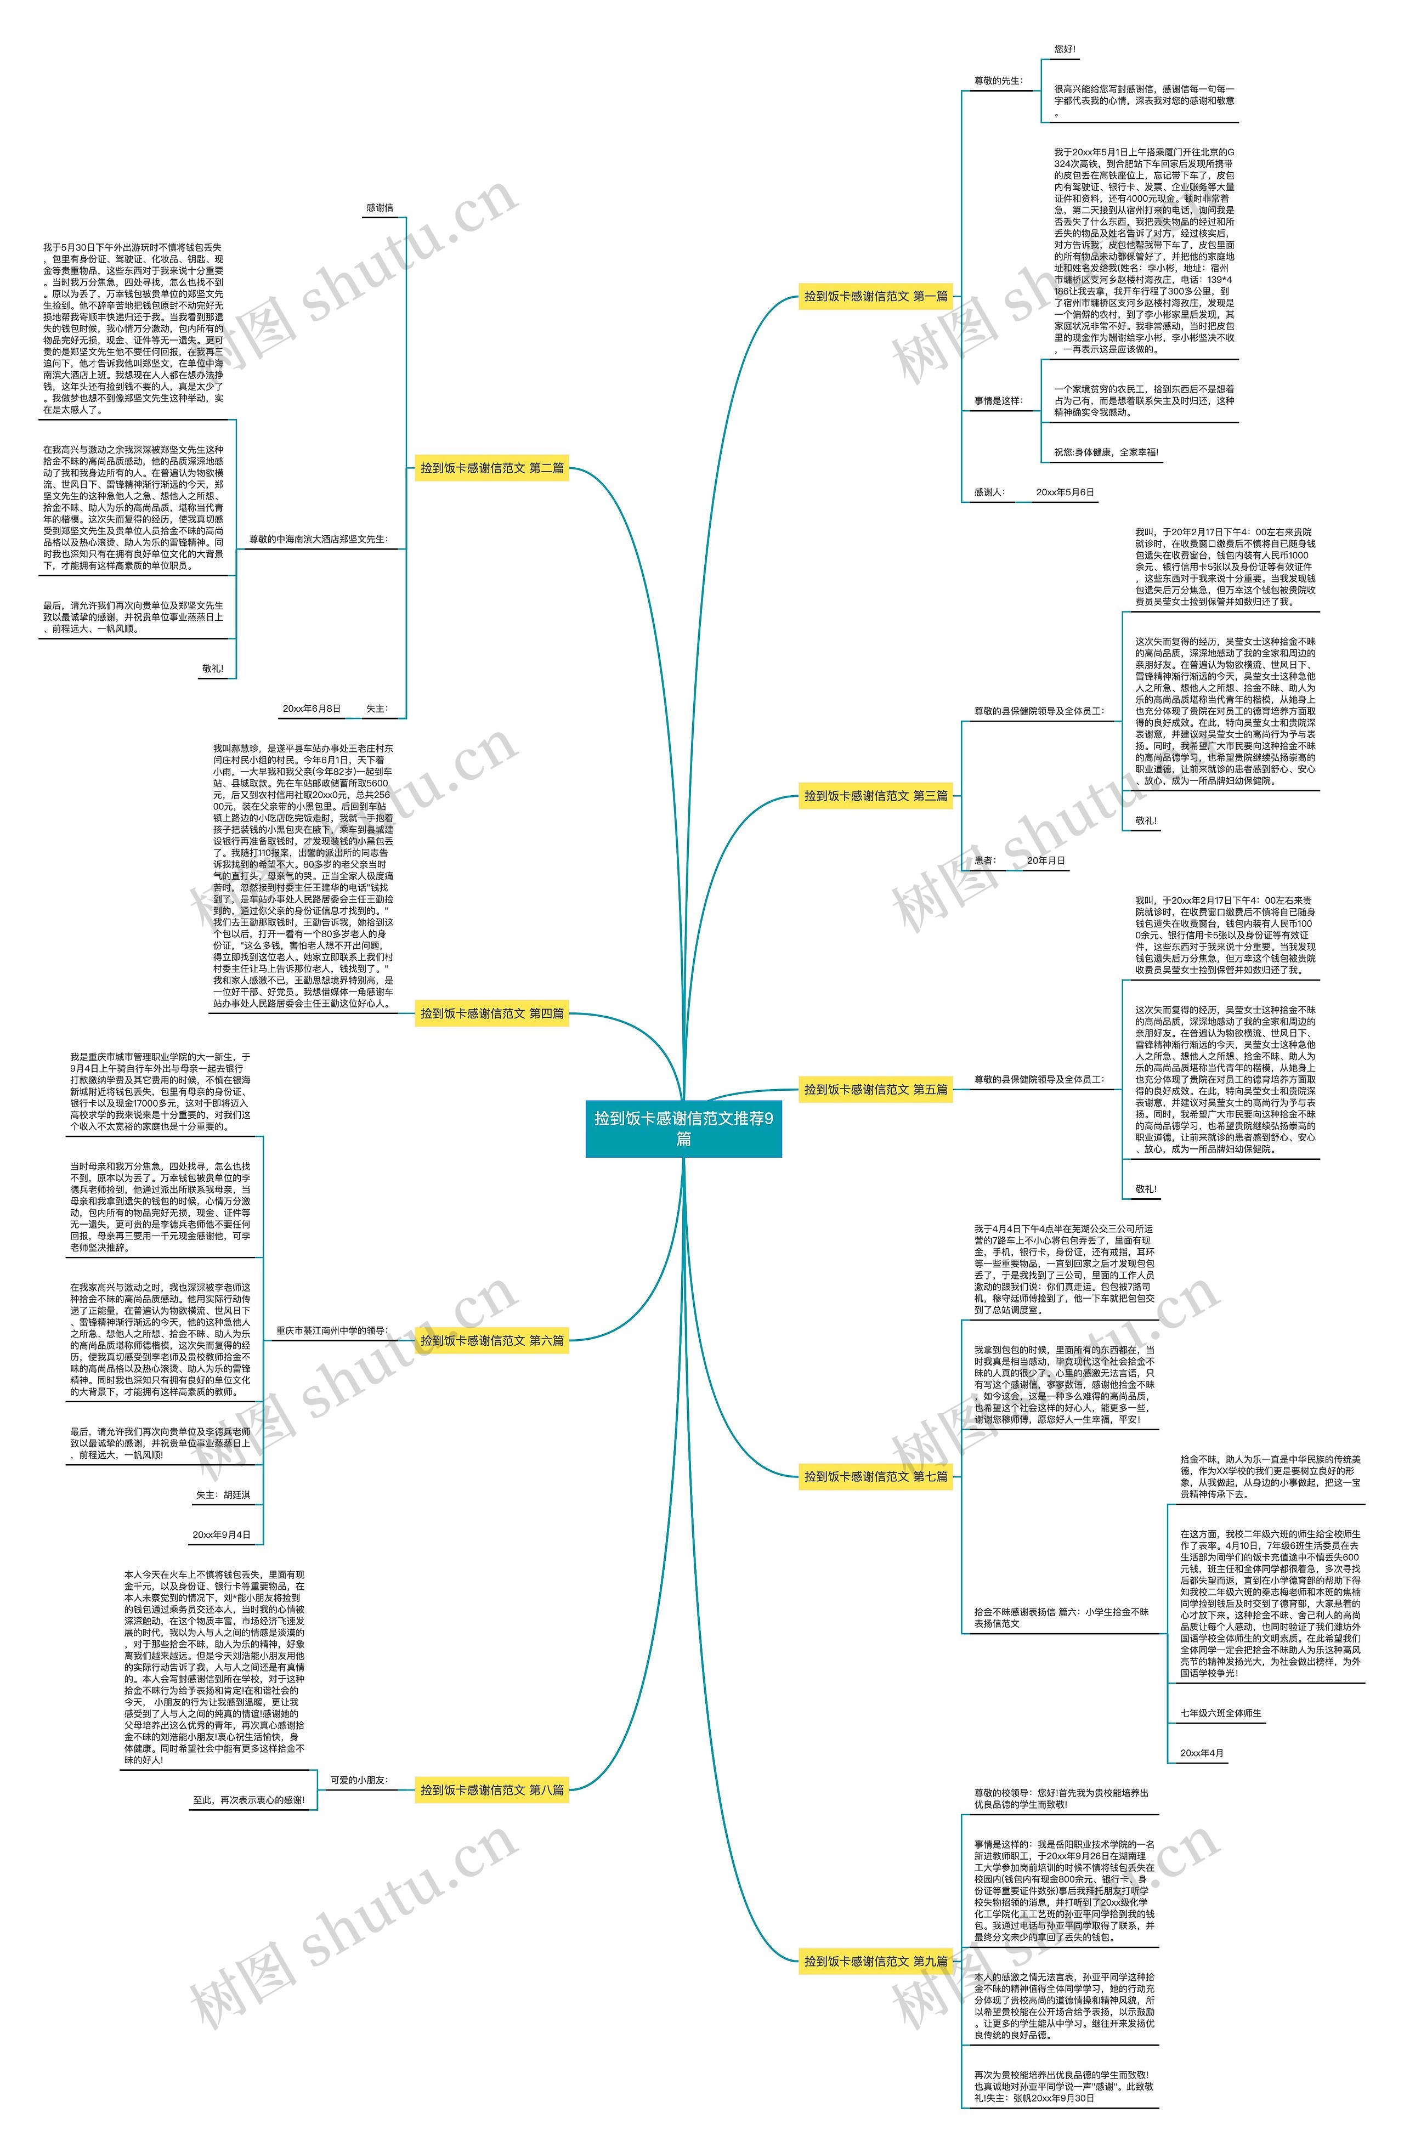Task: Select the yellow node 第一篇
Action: click(875, 296)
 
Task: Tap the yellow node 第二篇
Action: click(492, 468)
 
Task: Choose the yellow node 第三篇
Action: click(875, 796)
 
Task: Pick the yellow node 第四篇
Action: click(492, 1013)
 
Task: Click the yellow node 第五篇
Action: click(875, 1089)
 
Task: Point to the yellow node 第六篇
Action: click(492, 1340)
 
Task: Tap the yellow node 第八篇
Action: click(492, 1790)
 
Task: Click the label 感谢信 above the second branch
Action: click(379, 207)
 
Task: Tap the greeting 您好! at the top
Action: click(1065, 49)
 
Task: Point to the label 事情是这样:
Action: click(998, 400)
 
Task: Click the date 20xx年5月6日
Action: click(1065, 492)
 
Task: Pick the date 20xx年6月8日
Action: click(312, 709)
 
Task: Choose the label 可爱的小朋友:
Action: click(358, 1780)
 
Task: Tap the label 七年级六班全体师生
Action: click(1221, 1713)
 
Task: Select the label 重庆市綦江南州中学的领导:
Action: click(332, 1330)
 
